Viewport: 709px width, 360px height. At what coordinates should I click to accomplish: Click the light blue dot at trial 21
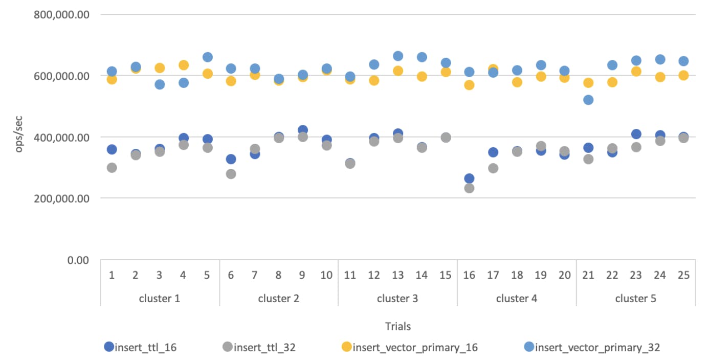click(x=588, y=100)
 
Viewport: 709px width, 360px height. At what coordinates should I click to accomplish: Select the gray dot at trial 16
click(x=469, y=188)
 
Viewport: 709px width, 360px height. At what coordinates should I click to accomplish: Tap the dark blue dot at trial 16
click(x=469, y=178)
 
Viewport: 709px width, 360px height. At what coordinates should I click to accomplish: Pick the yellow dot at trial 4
click(x=183, y=65)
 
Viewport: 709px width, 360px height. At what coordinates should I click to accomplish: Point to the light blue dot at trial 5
click(x=207, y=57)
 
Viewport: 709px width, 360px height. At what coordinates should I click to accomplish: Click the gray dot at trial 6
click(x=231, y=174)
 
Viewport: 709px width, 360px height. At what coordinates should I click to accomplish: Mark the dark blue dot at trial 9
click(x=302, y=130)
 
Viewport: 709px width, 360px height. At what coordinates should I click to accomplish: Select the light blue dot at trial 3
click(x=160, y=84)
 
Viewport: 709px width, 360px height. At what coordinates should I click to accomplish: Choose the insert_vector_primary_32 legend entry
click(x=597, y=347)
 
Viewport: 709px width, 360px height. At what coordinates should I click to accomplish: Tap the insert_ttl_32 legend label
click(x=264, y=347)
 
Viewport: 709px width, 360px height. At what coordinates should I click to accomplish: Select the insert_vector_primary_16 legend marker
click(x=346, y=347)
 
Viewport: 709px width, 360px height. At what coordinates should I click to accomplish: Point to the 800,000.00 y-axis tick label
click(x=62, y=14)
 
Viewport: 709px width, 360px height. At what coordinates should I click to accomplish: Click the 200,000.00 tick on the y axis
click(x=62, y=198)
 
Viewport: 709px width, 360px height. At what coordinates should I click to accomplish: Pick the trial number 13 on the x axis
click(x=397, y=275)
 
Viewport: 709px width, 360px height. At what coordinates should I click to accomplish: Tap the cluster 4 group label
click(x=516, y=298)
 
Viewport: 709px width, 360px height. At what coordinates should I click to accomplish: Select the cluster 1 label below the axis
click(x=159, y=298)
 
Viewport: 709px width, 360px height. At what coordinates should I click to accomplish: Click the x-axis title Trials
click(x=397, y=326)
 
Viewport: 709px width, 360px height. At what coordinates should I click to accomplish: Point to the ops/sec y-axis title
click(x=19, y=137)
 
